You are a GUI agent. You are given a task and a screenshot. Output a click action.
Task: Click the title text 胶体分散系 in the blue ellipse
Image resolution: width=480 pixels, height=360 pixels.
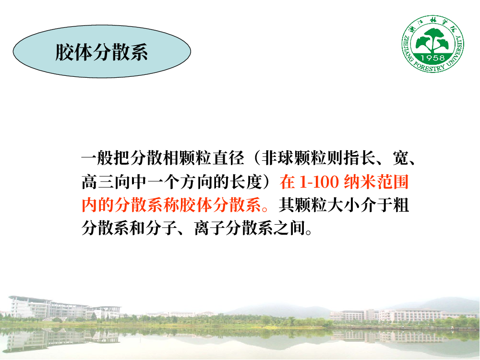click(101, 52)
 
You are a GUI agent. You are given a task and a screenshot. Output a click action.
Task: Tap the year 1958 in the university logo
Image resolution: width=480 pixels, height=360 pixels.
click(432, 58)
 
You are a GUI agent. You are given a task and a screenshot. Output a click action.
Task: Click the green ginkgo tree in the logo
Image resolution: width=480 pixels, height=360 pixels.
click(433, 40)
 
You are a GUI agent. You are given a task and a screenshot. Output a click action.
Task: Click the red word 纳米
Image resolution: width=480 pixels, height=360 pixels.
click(360, 182)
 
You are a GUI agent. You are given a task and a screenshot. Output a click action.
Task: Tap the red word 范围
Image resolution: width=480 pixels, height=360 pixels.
click(393, 182)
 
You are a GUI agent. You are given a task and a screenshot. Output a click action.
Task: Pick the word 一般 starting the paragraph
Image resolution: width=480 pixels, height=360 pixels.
click(97, 158)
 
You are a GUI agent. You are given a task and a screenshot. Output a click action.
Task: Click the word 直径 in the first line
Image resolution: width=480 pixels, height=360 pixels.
click(229, 158)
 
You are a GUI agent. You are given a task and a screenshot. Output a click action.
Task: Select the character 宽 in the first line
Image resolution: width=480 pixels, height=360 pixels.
click(401, 158)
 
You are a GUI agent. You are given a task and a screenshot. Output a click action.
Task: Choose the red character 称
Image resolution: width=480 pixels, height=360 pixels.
click(171, 205)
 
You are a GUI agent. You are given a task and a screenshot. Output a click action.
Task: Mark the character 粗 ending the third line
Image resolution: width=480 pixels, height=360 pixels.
click(401, 205)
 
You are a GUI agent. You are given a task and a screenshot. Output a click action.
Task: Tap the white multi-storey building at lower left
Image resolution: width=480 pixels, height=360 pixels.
click(49, 308)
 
